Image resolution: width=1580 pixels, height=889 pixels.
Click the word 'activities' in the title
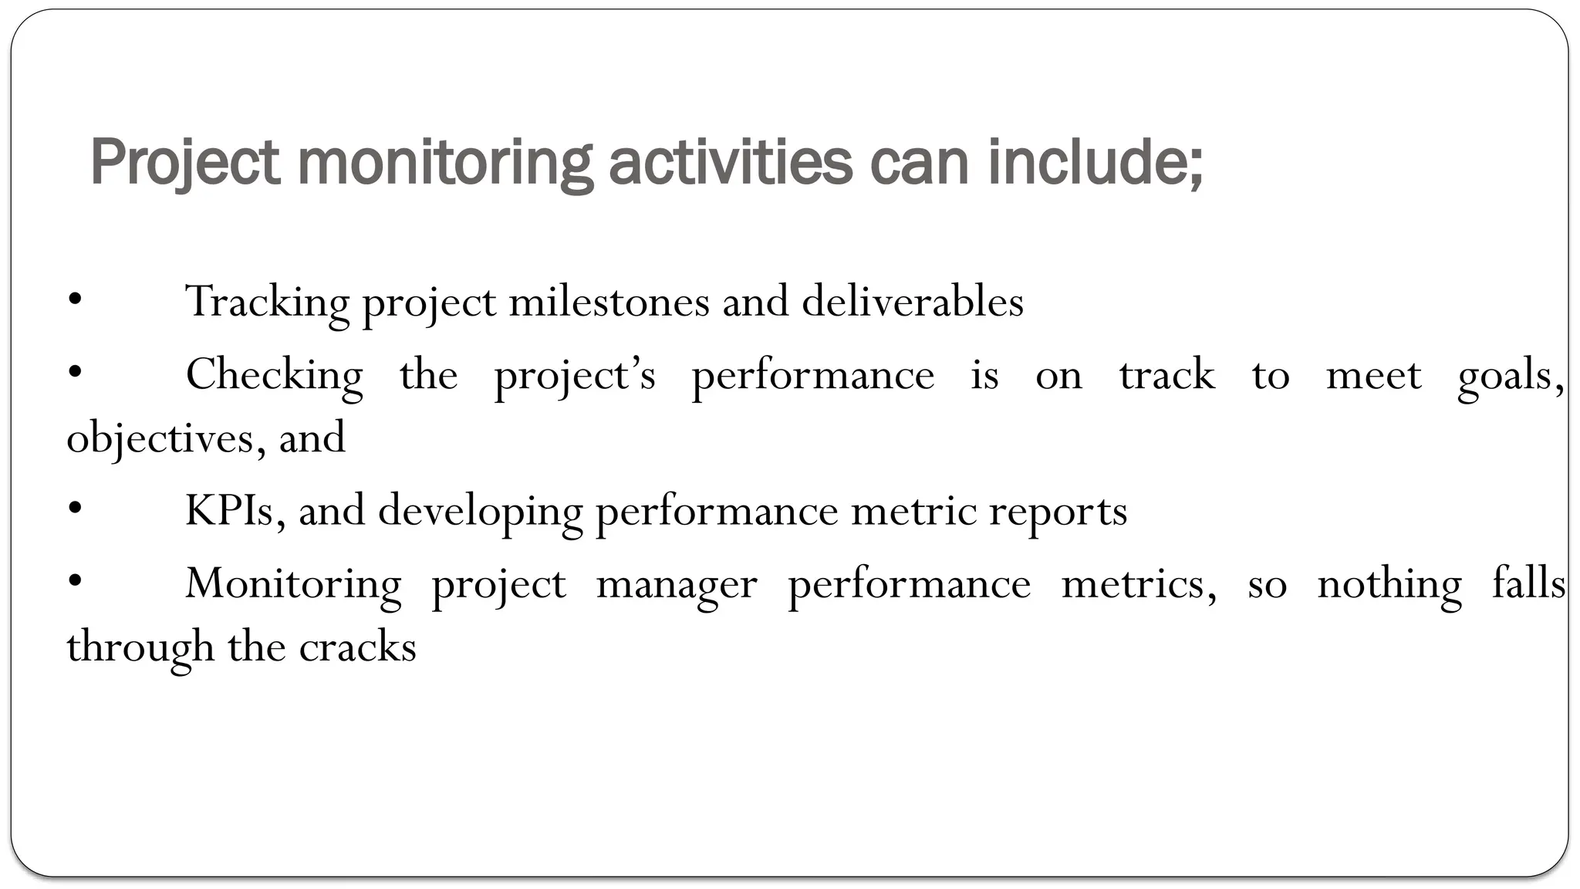[x=730, y=163]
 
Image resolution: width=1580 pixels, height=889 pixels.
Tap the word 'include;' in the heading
[x=1095, y=163]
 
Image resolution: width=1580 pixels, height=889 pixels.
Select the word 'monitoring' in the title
[x=445, y=163]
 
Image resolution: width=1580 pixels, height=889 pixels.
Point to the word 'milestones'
[x=609, y=302]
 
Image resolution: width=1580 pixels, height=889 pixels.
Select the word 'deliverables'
[x=913, y=302]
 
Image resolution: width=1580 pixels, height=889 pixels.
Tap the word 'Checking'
[x=274, y=376]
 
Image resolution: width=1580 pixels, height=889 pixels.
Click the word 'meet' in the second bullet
[x=1373, y=376]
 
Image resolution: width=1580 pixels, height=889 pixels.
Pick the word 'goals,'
[x=1511, y=376]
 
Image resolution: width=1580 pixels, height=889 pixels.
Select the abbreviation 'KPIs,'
[x=236, y=511]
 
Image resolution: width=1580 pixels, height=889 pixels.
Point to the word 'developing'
[x=480, y=511]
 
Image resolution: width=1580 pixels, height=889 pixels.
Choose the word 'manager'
[x=677, y=584]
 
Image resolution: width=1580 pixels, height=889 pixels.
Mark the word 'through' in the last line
[x=140, y=647]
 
